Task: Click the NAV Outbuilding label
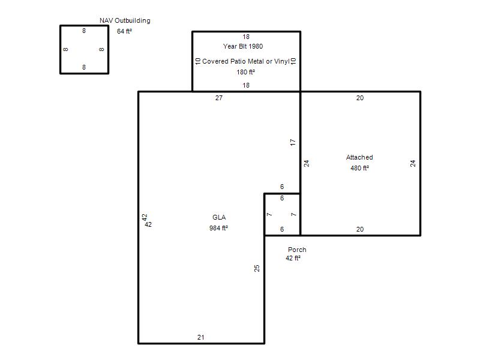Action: click(x=125, y=20)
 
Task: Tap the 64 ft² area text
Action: click(x=124, y=31)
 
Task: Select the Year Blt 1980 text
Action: click(x=243, y=46)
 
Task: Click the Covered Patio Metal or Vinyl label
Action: click(x=246, y=61)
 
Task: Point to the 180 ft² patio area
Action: click(x=245, y=72)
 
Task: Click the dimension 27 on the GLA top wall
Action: click(x=219, y=98)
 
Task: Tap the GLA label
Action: click(x=219, y=217)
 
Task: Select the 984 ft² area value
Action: click(x=218, y=228)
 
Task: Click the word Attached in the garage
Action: click(x=359, y=157)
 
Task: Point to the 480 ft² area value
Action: click(x=359, y=168)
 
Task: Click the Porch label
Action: click(x=297, y=250)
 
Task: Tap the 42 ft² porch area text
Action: click(x=293, y=258)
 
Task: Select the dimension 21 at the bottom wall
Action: click(x=201, y=337)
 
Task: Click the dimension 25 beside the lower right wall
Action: click(x=257, y=268)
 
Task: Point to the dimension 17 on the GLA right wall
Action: click(x=293, y=142)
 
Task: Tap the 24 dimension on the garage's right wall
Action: click(x=413, y=163)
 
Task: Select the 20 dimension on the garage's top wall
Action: click(x=360, y=98)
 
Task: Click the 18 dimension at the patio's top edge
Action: click(x=246, y=37)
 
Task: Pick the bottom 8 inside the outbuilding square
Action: click(x=84, y=67)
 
